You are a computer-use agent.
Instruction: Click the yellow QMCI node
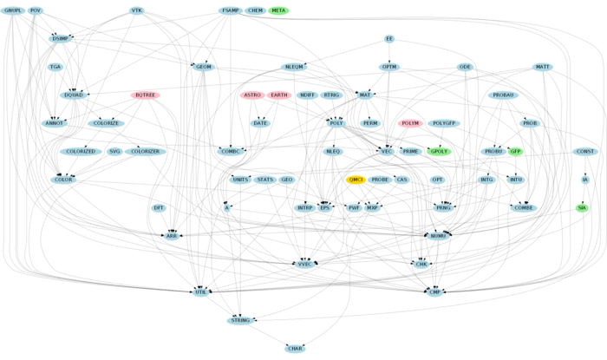coord(356,180)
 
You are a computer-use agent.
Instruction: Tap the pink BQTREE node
coord(145,95)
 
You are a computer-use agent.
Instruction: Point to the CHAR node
coord(295,349)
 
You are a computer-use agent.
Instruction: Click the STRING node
coord(240,321)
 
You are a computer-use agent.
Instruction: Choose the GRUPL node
coord(13,10)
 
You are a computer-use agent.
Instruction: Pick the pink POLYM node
coord(410,123)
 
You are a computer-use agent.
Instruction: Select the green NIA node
coord(582,207)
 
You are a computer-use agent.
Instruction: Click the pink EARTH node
coord(279,95)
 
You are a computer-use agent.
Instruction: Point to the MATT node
coord(543,67)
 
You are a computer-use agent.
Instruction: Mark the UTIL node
coord(201,293)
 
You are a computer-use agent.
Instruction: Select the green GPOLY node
coord(440,152)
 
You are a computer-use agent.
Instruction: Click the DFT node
coord(159,208)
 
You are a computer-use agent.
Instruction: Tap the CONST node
coord(585,152)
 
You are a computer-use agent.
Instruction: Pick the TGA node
coord(55,67)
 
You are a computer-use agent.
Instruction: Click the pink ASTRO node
coord(252,95)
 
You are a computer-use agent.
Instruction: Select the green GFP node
coord(515,152)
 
